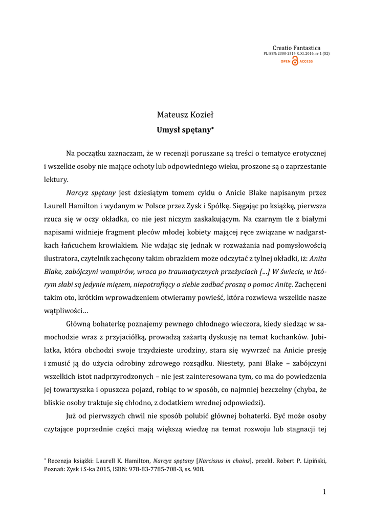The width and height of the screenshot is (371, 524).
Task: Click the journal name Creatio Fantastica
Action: coord(297,48)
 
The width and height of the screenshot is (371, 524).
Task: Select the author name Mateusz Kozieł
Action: coord(185,116)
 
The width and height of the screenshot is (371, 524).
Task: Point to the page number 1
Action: coord(324,492)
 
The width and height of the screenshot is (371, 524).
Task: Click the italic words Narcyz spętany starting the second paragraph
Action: coord(91,193)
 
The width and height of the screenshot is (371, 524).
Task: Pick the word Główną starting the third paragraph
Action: coord(79,323)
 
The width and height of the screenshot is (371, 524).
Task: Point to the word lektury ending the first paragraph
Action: coord(55,180)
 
